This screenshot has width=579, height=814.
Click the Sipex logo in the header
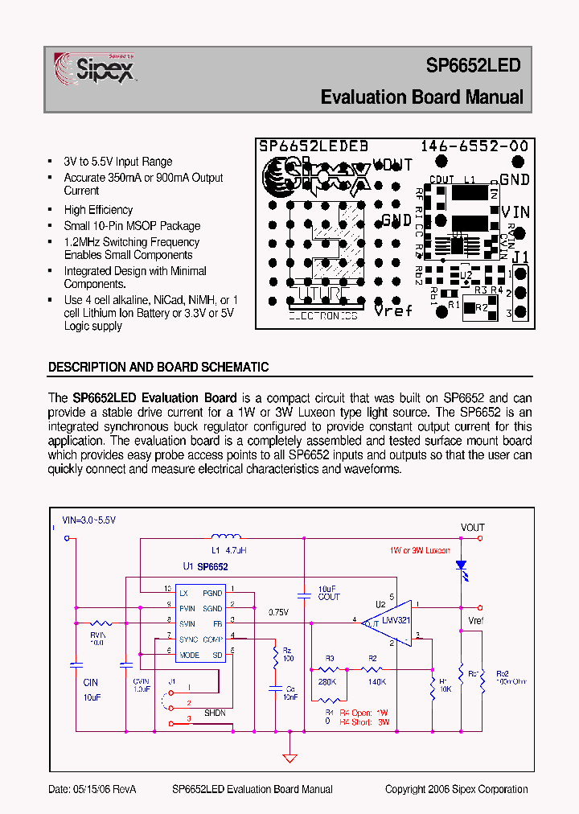click(95, 68)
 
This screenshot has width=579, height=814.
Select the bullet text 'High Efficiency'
click(98, 209)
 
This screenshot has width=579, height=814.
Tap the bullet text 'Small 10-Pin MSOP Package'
click(132, 226)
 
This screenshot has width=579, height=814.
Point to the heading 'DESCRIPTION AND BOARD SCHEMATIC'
click(158, 367)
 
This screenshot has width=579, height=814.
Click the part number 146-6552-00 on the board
click(474, 146)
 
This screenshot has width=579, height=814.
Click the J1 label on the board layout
click(520, 257)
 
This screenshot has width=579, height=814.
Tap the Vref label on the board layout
click(393, 310)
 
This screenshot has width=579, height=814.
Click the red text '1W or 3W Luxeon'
click(420, 551)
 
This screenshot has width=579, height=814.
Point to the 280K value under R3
click(327, 681)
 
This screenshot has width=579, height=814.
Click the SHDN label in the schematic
click(215, 713)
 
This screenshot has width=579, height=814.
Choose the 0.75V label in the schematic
click(279, 611)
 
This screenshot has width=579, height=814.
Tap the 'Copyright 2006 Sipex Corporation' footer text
click(456, 789)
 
